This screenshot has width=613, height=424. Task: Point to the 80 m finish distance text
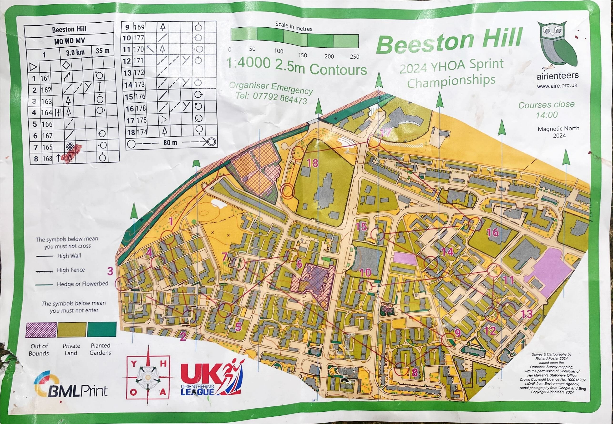tap(170, 143)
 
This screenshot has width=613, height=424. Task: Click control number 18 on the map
tap(313, 163)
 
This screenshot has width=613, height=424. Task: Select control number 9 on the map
tap(457, 333)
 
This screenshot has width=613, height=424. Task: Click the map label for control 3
tap(110, 271)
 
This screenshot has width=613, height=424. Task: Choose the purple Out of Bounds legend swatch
tap(41, 330)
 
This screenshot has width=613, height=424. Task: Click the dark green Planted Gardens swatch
tap(102, 329)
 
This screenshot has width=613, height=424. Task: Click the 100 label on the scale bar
tap(279, 51)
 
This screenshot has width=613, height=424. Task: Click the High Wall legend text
tap(69, 256)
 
